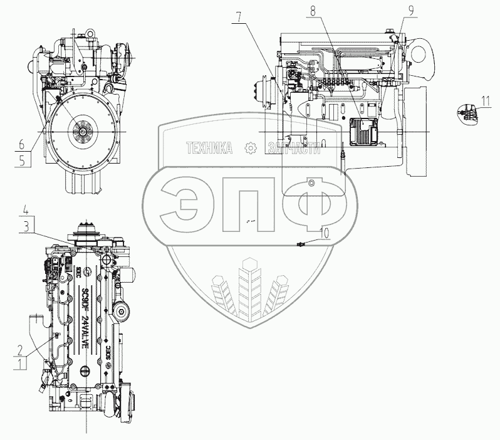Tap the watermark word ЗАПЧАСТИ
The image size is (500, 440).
[x=293, y=148]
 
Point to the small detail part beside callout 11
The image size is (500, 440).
[x=468, y=111]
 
